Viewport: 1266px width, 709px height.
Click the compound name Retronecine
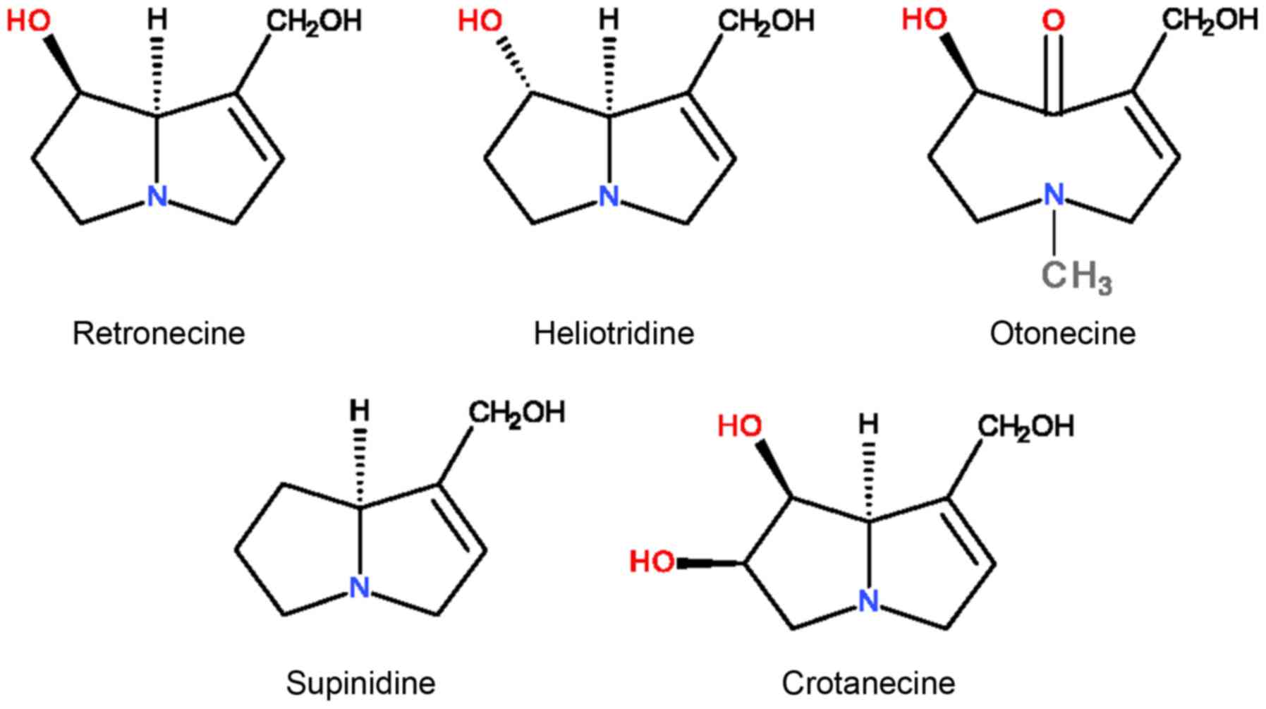(159, 333)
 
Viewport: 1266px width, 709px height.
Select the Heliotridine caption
(614, 333)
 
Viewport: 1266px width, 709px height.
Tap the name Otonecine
(1063, 333)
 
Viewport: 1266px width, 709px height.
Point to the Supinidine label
(360, 683)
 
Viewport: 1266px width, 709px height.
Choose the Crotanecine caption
(868, 683)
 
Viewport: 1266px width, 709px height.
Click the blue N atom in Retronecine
(157, 196)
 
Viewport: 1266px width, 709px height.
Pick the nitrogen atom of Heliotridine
(609, 196)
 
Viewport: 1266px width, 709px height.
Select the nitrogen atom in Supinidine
(360, 588)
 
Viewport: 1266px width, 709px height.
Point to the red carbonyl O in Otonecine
(1053, 21)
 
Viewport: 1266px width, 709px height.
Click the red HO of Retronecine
(29, 21)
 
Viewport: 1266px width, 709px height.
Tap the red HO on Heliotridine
(480, 21)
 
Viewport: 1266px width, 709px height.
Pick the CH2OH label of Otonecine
(1210, 20)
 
